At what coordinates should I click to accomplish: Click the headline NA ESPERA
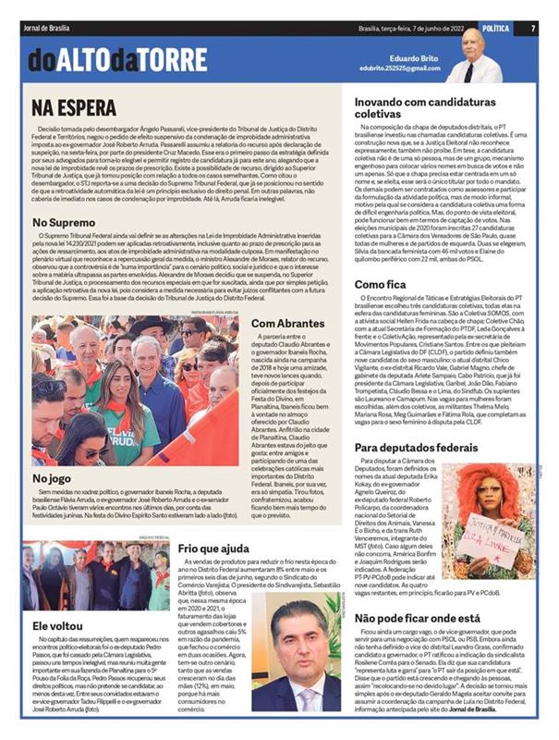click(x=75, y=107)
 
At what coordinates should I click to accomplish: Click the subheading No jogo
click(x=53, y=478)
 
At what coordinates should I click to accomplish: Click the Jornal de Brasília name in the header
click(x=51, y=28)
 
